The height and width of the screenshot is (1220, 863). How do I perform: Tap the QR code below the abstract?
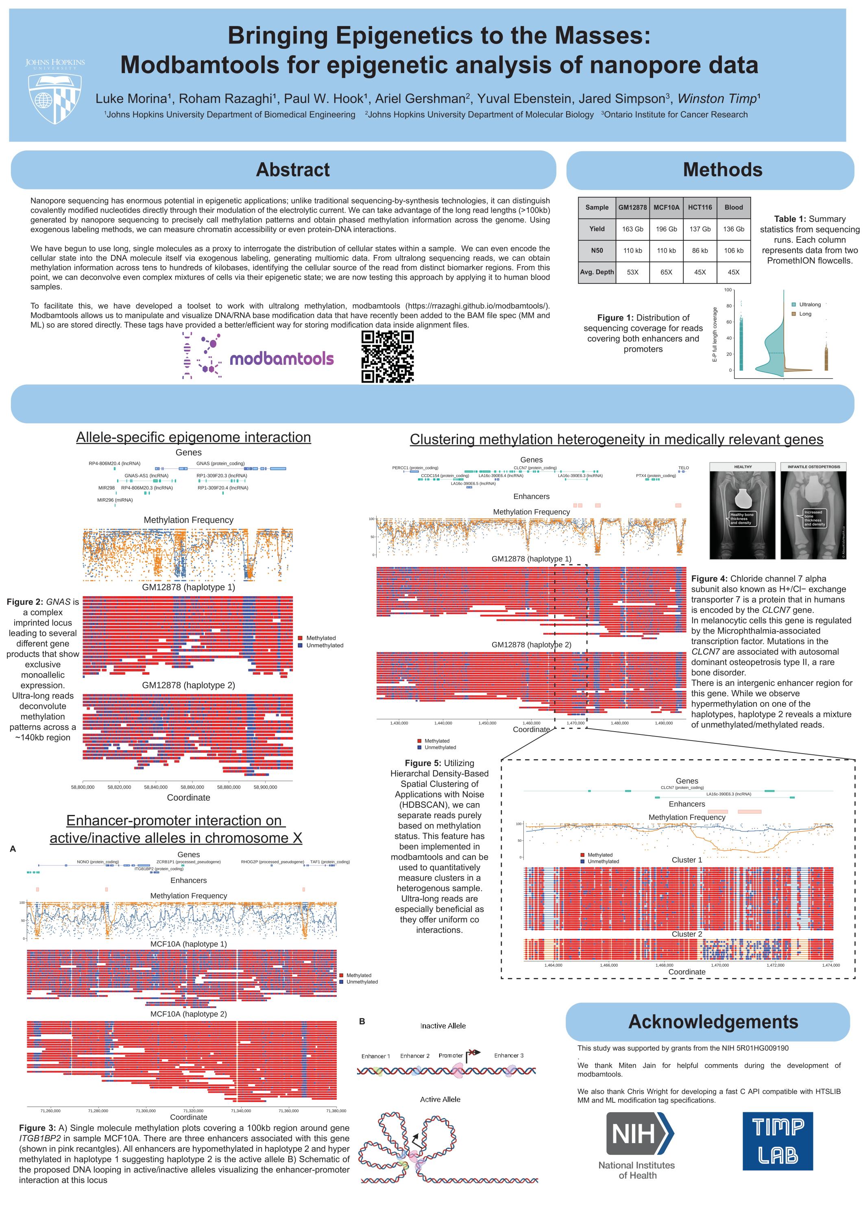pyautogui.click(x=388, y=357)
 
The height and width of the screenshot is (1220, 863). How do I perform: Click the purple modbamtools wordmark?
pyautogui.click(x=282, y=359)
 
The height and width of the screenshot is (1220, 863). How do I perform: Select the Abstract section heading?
pyautogui.click(x=293, y=170)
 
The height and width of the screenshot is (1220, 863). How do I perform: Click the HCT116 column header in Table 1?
pyautogui.click(x=700, y=207)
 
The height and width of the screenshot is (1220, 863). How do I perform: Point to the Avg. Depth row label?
pyautogui.click(x=597, y=272)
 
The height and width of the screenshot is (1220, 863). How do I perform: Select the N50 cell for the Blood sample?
pyautogui.click(x=733, y=250)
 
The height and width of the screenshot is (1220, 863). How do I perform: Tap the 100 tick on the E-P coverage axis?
pyautogui.click(x=728, y=290)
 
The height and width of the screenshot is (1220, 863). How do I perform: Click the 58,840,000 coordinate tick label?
pyautogui.click(x=156, y=787)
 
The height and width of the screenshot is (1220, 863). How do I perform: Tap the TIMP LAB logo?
pyautogui.click(x=778, y=1140)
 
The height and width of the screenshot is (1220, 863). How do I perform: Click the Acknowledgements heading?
pyautogui.click(x=713, y=1022)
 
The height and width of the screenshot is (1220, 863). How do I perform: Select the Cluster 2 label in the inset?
pyautogui.click(x=686, y=934)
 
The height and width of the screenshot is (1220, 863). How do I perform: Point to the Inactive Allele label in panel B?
pyautogui.click(x=442, y=1026)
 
